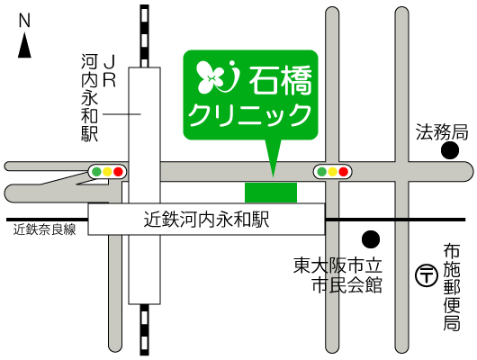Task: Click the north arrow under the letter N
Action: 25,45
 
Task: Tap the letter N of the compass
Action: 25,20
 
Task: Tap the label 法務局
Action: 441,132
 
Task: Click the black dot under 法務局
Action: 449,150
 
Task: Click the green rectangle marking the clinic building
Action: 270,192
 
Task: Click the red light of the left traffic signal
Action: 118,171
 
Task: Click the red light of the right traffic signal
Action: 343,171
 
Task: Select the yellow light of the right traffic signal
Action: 332,171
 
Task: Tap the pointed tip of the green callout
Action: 274,174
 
